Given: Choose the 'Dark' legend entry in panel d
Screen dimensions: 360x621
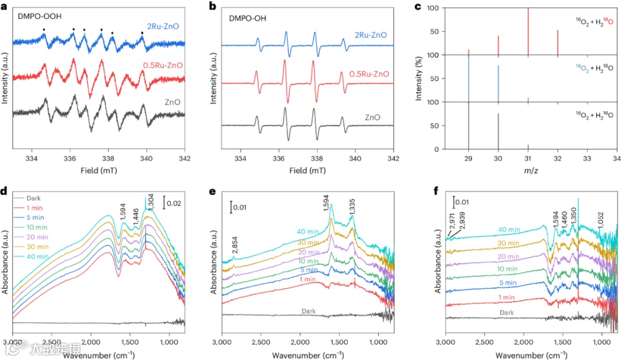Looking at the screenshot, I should (x=35, y=197).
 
